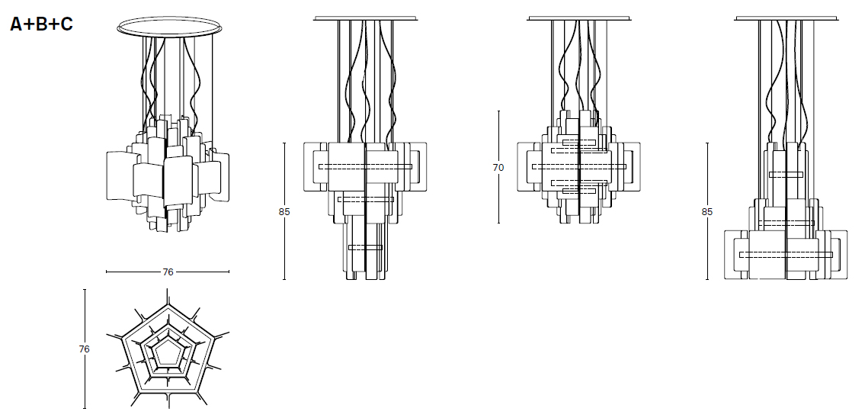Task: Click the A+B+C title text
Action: (x=41, y=24)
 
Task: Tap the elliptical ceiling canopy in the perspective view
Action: (x=167, y=26)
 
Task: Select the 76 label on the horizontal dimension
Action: (x=168, y=272)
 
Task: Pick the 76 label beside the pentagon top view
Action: (x=84, y=349)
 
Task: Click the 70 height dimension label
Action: (x=498, y=168)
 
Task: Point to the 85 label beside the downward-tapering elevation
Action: (x=284, y=211)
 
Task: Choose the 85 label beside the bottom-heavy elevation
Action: (x=707, y=211)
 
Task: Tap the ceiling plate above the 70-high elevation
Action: (x=579, y=17)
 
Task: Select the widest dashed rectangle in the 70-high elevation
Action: (x=579, y=166)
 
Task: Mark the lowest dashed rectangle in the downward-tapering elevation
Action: (x=365, y=247)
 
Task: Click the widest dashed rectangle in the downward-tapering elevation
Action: (x=365, y=166)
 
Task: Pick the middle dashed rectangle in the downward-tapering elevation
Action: (x=366, y=199)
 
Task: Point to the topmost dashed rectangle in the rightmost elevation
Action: (x=786, y=175)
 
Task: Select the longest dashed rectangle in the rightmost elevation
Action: (x=786, y=253)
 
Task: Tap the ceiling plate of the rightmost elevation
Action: (x=786, y=17)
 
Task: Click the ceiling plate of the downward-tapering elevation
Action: (x=366, y=17)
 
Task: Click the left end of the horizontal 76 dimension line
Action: (x=107, y=272)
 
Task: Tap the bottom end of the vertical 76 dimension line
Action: (x=84, y=408)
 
